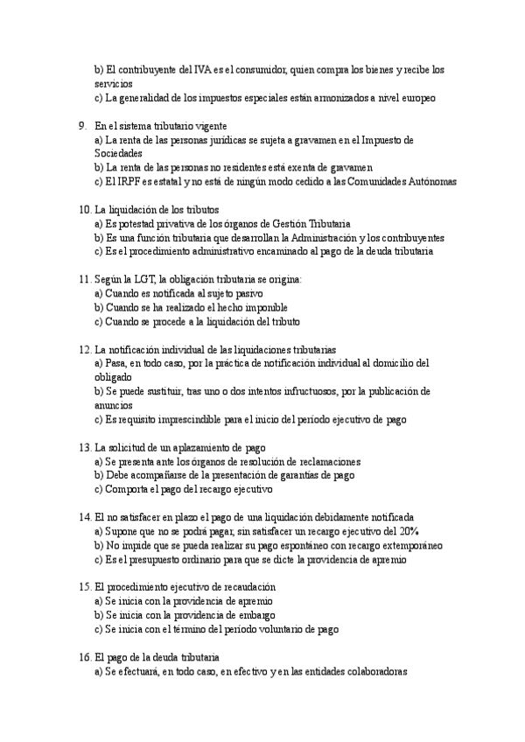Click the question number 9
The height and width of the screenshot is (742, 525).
81,126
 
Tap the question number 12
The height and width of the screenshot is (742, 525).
84,348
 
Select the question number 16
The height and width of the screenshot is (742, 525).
84,656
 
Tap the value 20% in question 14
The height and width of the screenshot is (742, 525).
406,531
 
